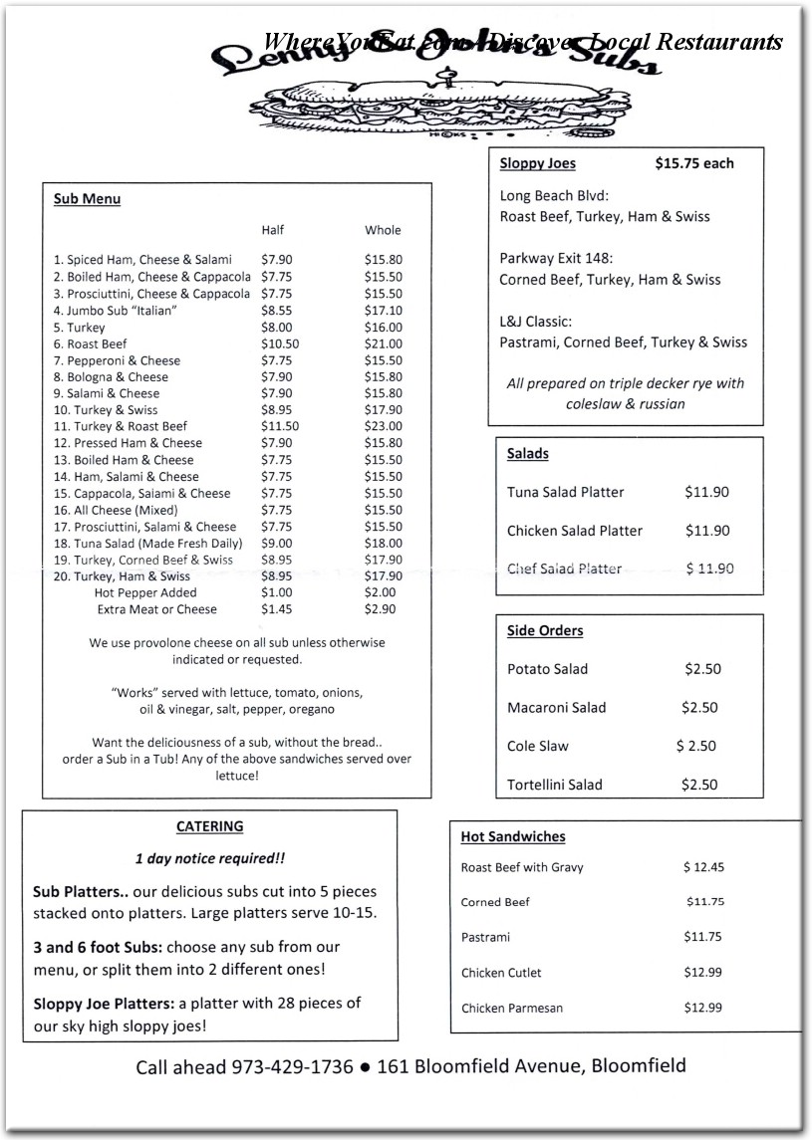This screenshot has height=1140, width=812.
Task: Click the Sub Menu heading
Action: pos(87,199)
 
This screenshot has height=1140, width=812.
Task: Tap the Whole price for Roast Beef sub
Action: pos(383,343)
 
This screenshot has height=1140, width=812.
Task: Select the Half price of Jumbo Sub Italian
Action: pos(276,311)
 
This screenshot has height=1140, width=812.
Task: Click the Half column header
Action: pos(272,230)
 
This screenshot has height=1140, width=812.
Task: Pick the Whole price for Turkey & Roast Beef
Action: pos(383,426)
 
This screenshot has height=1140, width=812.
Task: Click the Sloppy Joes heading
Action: pos(537,163)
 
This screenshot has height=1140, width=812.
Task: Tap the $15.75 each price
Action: pos(693,163)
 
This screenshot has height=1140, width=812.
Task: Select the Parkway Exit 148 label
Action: pos(556,259)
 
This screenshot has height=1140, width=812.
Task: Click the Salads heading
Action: pos(527,454)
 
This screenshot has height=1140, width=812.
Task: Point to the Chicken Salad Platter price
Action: pos(706,531)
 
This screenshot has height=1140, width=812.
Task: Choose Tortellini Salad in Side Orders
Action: pos(554,785)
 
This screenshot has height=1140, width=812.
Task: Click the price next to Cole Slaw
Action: pos(695,746)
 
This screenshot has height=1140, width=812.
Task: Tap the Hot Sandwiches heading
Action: pos(512,837)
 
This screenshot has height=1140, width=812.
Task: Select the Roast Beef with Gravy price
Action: pos(703,867)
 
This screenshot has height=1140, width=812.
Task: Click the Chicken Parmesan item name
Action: pos(511,1009)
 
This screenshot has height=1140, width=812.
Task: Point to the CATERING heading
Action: pos(209,826)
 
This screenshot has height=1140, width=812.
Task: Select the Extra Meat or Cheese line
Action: pos(156,609)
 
